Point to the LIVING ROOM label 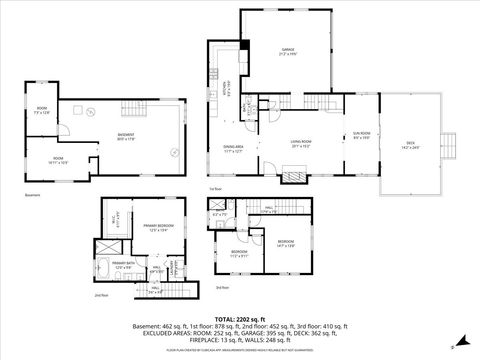pos(297,144)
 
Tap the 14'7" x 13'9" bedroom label pos(285,243)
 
